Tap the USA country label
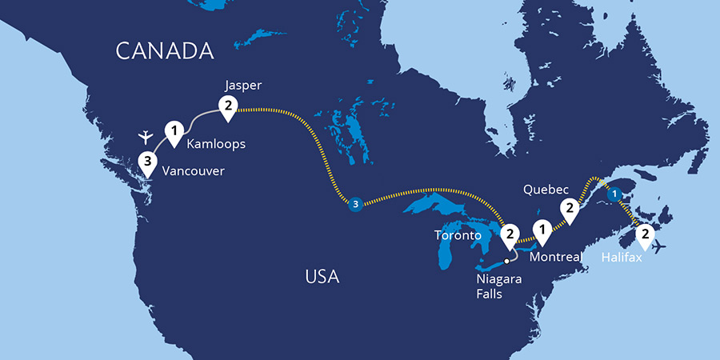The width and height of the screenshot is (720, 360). [322, 278]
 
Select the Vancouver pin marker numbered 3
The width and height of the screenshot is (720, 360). [146, 162]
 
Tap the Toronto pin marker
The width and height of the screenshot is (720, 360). [509, 234]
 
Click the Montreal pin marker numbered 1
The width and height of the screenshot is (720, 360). [543, 230]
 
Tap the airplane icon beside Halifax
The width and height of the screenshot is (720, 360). [659, 247]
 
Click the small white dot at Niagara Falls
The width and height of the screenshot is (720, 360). [506, 261]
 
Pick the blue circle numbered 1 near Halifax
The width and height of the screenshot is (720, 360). [614, 194]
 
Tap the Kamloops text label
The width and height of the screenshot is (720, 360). [215, 145]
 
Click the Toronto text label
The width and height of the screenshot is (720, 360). [457, 235]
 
